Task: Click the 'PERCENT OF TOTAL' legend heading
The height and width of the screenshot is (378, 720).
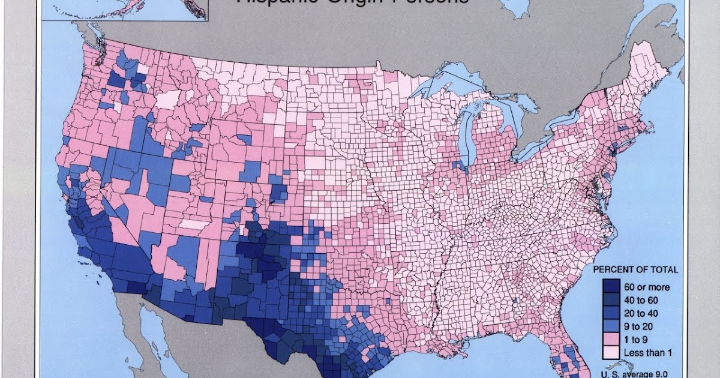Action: tap(635, 269)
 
